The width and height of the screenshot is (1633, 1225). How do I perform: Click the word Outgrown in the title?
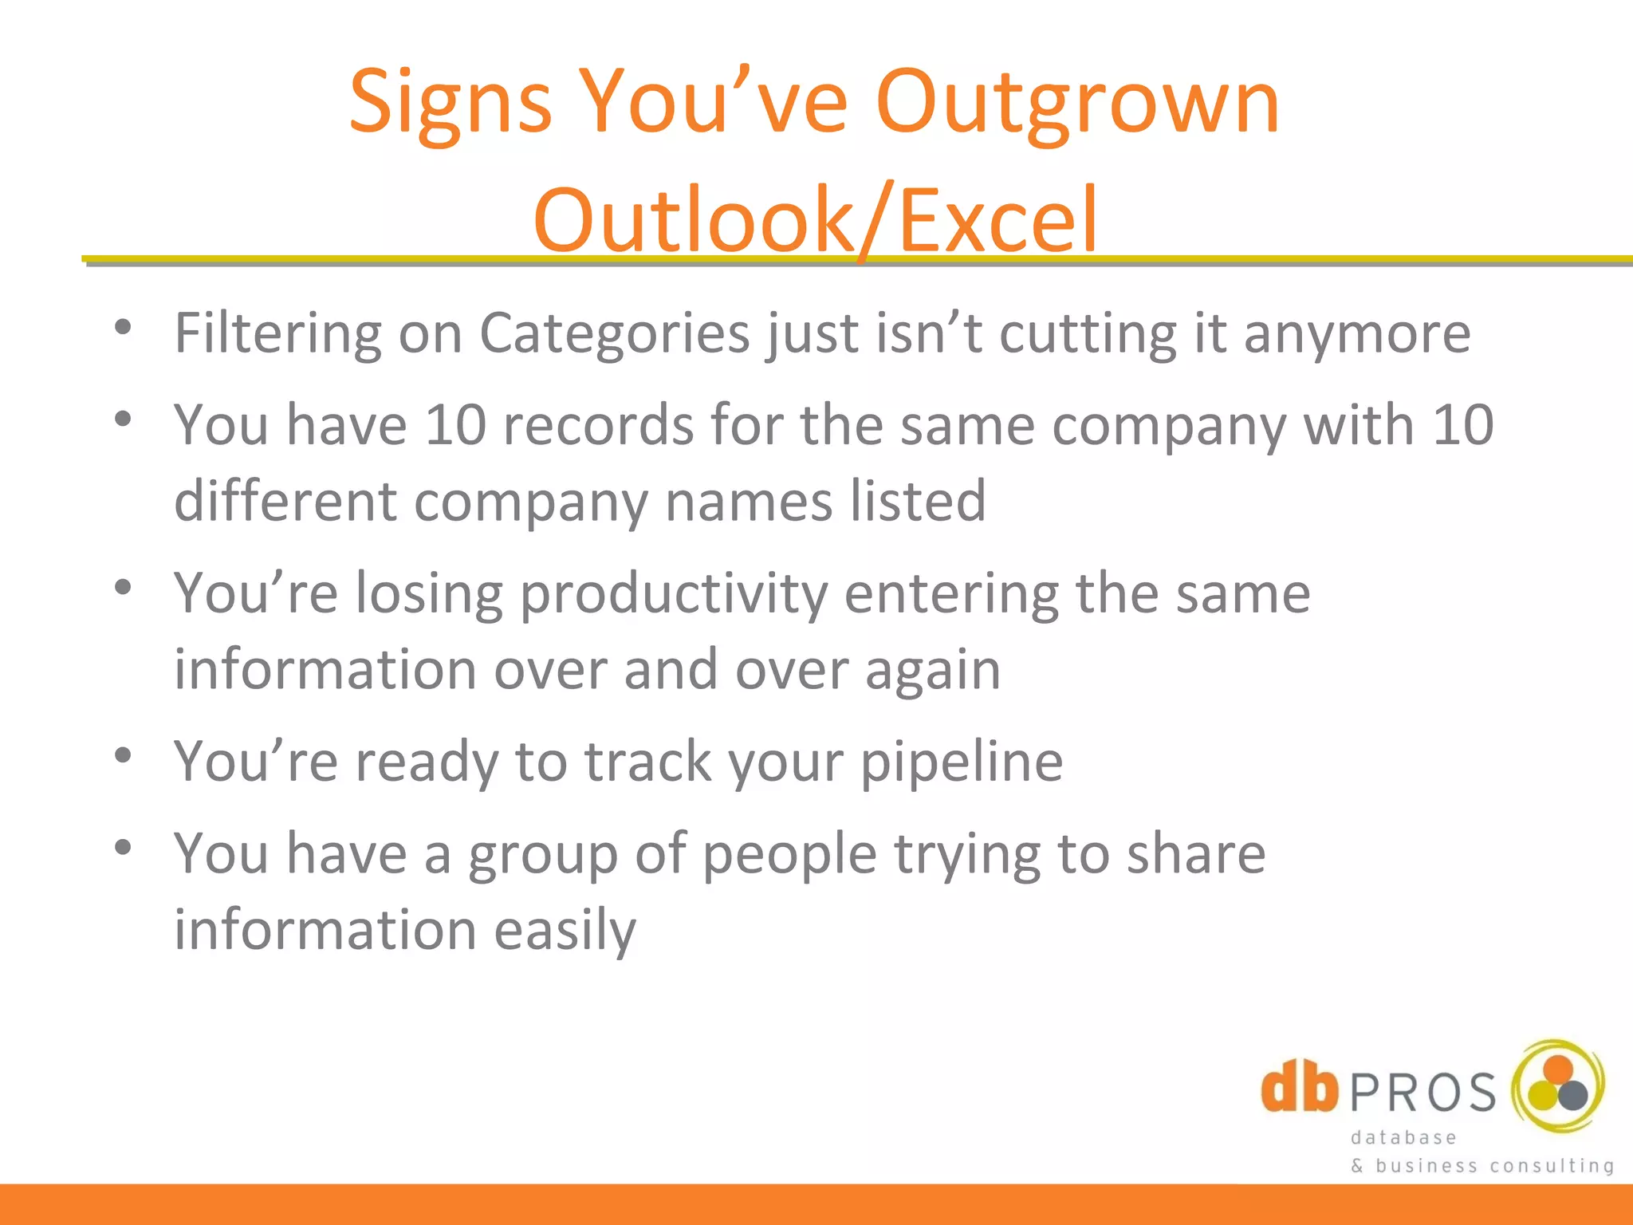click(1077, 102)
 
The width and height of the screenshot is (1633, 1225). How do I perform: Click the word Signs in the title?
click(450, 102)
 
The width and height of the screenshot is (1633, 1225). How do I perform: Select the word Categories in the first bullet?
click(614, 333)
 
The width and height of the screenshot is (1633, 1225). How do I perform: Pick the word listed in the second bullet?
click(918, 501)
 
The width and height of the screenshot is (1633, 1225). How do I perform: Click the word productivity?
click(674, 595)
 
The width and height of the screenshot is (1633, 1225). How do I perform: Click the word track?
click(647, 762)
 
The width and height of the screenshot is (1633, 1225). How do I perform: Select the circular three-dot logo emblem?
click(1558, 1085)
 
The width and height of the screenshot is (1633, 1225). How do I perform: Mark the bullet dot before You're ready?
click(122, 754)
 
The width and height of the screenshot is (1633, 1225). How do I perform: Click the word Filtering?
click(277, 333)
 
